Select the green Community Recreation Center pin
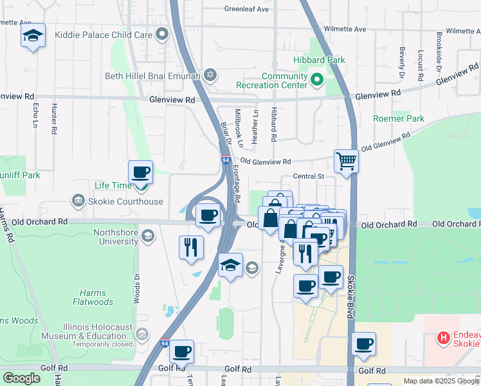click(x=316, y=80)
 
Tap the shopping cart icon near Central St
click(x=346, y=161)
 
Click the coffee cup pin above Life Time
click(x=140, y=172)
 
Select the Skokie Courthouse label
click(x=129, y=201)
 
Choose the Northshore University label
click(x=116, y=237)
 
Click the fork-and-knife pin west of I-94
click(x=191, y=246)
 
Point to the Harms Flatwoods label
click(x=93, y=297)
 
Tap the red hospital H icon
click(x=443, y=337)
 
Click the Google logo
click(x=21, y=378)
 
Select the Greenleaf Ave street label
click(x=246, y=10)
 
